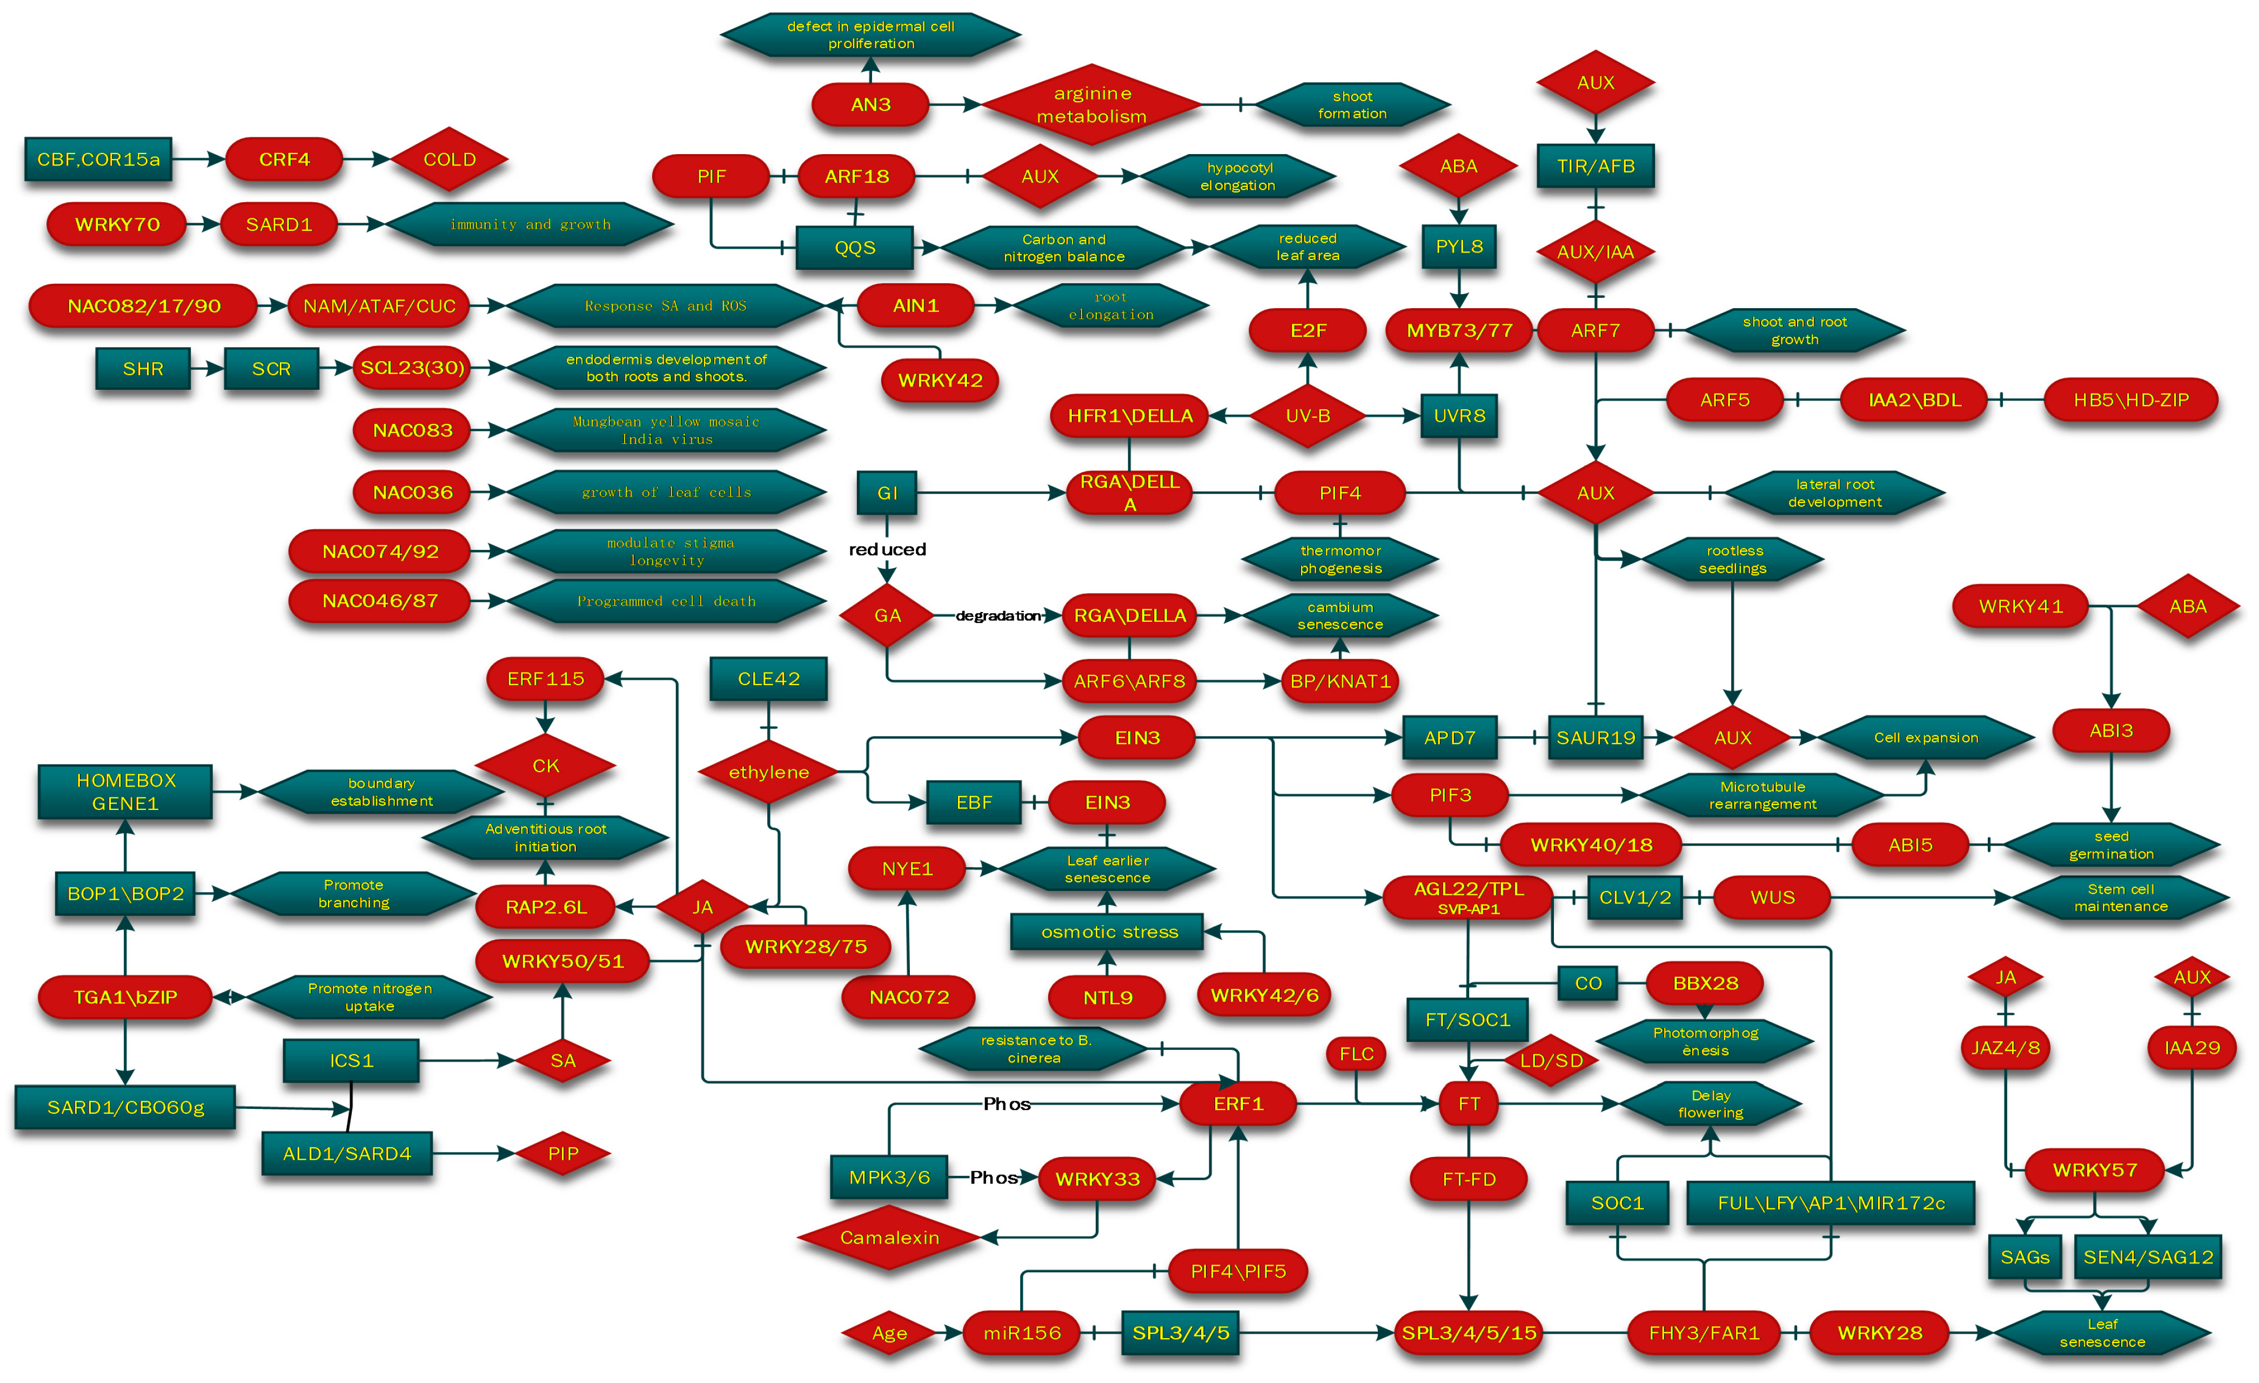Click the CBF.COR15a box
[98, 159]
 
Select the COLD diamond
[449, 159]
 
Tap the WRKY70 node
[117, 225]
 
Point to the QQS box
[854, 248]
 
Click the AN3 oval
[870, 104]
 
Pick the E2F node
[1308, 330]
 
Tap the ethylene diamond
[768, 772]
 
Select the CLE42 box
[768, 679]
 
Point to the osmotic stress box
[1108, 932]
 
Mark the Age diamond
[888, 1333]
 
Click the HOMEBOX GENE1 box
[125, 792]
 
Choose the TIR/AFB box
[1595, 166]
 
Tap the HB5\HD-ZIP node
[2130, 400]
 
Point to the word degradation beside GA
[997, 615]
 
